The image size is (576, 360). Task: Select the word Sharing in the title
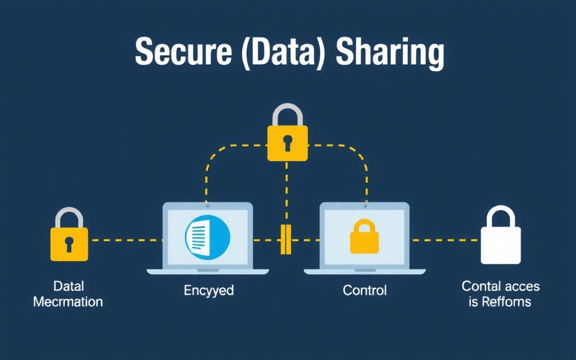coord(390,55)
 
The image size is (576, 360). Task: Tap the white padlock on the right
coord(500,242)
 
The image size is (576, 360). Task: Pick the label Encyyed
coord(209,291)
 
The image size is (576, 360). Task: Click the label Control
coord(364,291)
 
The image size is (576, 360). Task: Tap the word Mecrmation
coord(68,302)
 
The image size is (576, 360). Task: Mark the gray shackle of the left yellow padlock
coord(69,217)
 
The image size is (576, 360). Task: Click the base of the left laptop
coord(208,271)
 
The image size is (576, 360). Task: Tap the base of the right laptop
coord(364,271)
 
